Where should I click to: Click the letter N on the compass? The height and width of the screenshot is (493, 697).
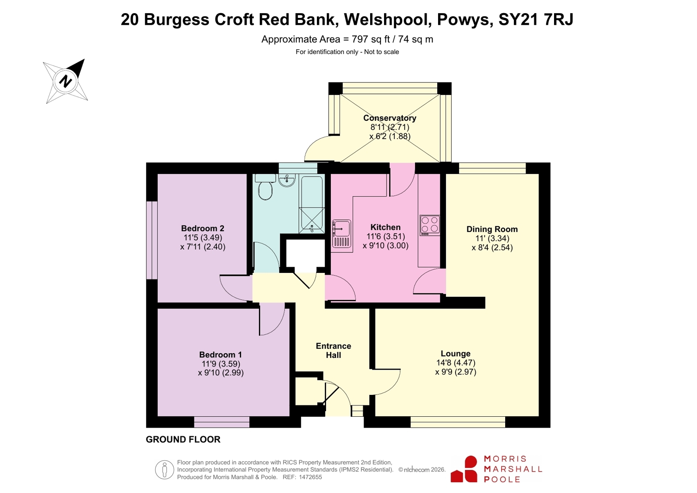tap(65, 81)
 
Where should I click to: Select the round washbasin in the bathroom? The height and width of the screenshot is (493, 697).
tap(286, 180)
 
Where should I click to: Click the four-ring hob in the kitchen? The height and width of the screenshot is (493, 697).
tap(430, 225)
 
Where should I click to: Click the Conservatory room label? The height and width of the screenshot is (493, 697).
tap(390, 118)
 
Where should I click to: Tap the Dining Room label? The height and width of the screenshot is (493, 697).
tap(492, 229)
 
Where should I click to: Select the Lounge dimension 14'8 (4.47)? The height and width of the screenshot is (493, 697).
tap(456, 363)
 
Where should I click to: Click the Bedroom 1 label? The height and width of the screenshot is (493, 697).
tap(221, 354)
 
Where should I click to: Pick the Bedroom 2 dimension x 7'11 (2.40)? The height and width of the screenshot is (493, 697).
tap(203, 247)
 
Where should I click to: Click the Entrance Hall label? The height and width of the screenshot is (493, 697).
tap(333, 350)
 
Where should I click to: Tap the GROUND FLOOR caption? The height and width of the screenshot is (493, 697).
tap(183, 439)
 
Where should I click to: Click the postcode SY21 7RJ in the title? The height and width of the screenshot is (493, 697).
tap(536, 19)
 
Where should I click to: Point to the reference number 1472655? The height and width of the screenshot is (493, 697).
tap(310, 477)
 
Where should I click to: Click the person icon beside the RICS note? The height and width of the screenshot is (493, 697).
tap(164, 469)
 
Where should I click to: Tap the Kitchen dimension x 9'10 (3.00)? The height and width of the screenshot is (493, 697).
tap(385, 245)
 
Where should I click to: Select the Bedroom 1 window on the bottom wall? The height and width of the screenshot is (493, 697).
tap(222, 422)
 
